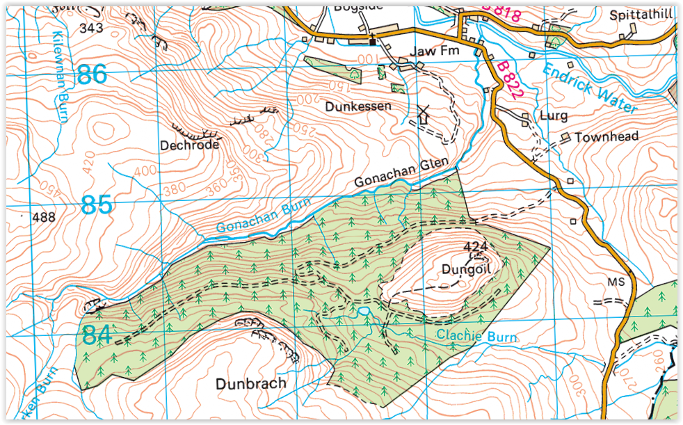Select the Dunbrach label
pos(250,383)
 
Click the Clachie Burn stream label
pos(476,337)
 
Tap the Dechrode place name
pos(189,145)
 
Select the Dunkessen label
pos(359,107)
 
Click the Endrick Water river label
pos(589,88)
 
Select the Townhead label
pos(606,137)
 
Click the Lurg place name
pos(554,115)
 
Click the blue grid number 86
pos(93,74)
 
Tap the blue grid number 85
pos(96,205)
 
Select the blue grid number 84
pos(96,335)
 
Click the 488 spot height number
pos(43,218)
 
